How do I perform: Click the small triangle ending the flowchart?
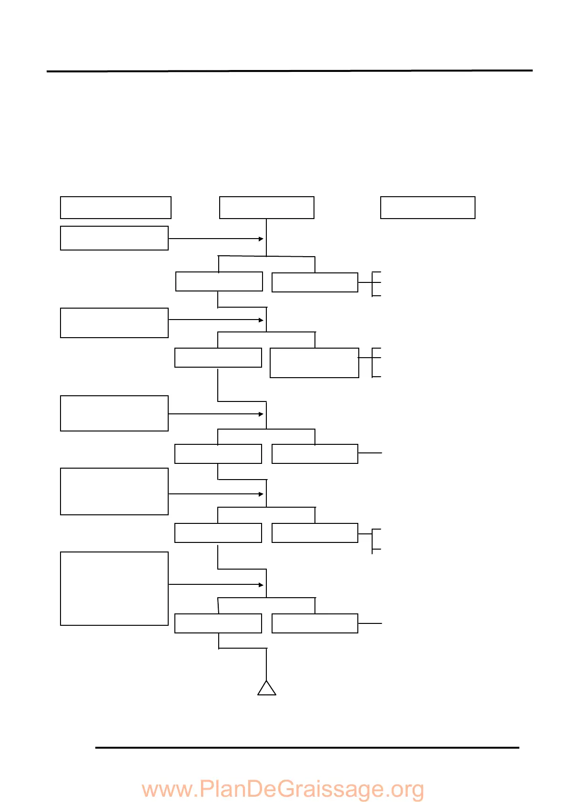click(x=267, y=689)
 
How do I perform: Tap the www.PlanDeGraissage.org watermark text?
click(x=283, y=789)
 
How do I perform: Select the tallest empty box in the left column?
click(x=114, y=588)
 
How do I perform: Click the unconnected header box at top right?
click(x=427, y=208)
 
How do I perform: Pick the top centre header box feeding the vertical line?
click(x=266, y=208)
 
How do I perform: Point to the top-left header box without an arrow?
click(x=115, y=208)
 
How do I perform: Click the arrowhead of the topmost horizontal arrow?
click(x=261, y=239)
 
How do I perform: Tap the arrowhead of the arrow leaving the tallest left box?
click(x=261, y=584)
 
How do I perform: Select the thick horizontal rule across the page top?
click(x=289, y=71)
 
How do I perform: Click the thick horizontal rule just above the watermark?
click(x=307, y=748)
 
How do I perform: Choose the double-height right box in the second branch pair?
click(x=314, y=363)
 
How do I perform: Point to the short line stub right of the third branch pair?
click(x=370, y=453)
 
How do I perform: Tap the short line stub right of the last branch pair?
click(x=370, y=623)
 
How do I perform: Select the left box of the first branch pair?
click(x=219, y=281)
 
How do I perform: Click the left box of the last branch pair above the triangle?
click(x=218, y=623)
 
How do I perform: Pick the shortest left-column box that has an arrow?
click(x=114, y=238)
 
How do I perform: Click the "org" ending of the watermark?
click(x=407, y=789)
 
